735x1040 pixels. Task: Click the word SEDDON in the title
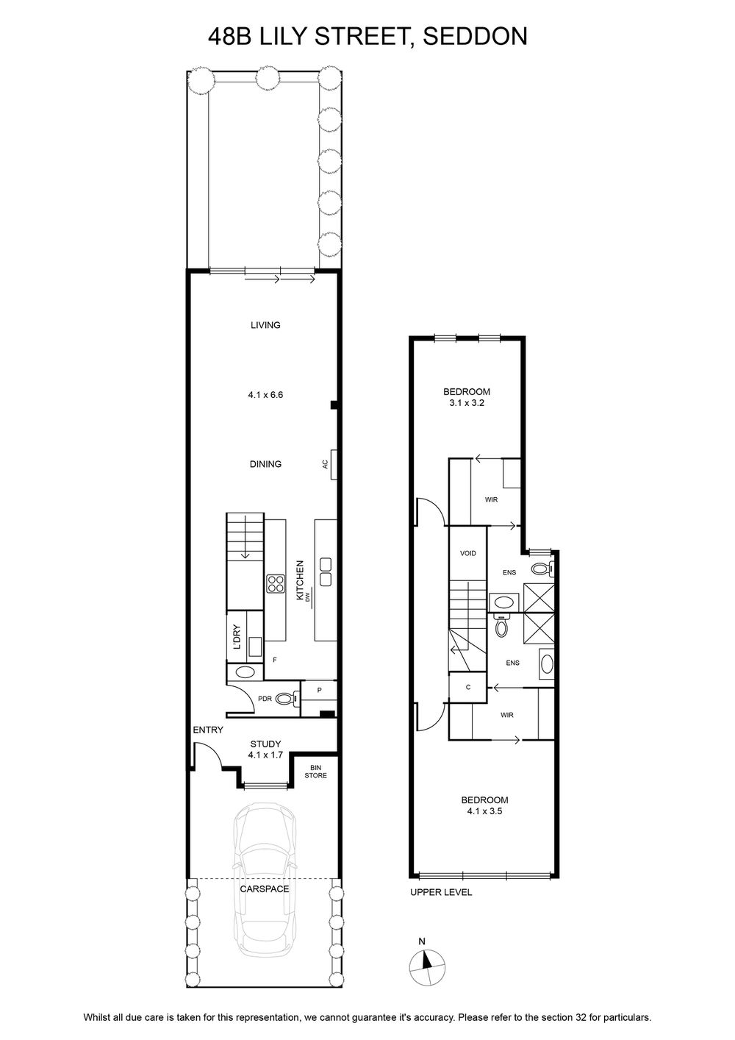[475, 36]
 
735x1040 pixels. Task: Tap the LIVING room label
[265, 325]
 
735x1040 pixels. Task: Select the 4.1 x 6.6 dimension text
[265, 395]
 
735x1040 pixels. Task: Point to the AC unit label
[326, 464]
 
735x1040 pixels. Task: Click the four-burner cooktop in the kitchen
[275, 583]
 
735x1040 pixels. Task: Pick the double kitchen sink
[326, 571]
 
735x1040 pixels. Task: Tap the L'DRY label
[237, 638]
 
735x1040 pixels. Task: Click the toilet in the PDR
[287, 698]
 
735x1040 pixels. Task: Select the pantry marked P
[319, 690]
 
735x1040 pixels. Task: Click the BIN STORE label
[315, 772]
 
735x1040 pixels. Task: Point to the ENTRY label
[208, 730]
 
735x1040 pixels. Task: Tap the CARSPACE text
[265, 889]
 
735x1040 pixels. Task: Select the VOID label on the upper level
[467, 553]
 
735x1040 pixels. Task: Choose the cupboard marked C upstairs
[467, 687]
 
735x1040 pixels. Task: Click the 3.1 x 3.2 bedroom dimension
[466, 403]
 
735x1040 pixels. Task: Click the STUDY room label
[265, 744]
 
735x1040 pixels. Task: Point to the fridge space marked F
[275, 660]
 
